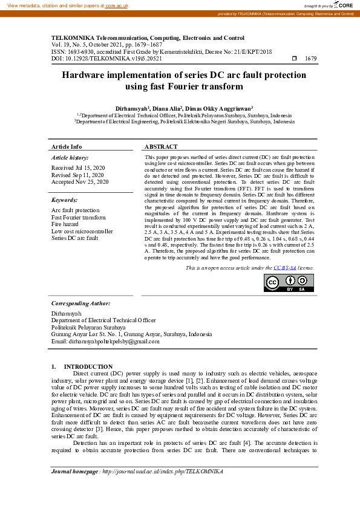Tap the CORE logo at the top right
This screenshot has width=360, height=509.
[x=342, y=5]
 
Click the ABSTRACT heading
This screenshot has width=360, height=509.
[x=161, y=147]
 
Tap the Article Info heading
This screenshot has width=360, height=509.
[x=67, y=147]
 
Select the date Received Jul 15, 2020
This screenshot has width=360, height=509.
[x=78, y=167]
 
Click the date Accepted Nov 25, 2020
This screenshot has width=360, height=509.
[x=79, y=181]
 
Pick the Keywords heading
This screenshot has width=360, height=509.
[x=65, y=199]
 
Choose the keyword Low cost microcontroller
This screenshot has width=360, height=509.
[x=82, y=231]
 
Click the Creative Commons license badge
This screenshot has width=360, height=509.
[x=289, y=283]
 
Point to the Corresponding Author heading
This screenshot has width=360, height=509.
[x=80, y=303]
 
